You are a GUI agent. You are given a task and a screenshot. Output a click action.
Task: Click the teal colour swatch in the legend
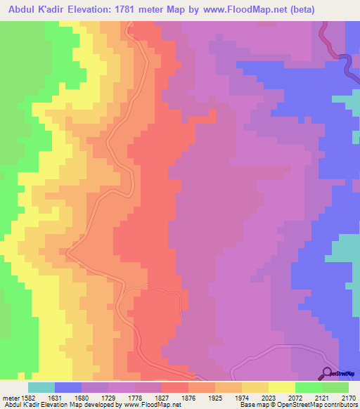pos(41,387)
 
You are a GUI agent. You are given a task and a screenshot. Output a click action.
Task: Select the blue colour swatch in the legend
pos(68,387)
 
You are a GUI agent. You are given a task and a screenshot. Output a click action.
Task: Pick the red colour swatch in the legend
pos(175,387)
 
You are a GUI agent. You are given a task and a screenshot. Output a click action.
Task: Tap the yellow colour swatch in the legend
pos(282,387)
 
